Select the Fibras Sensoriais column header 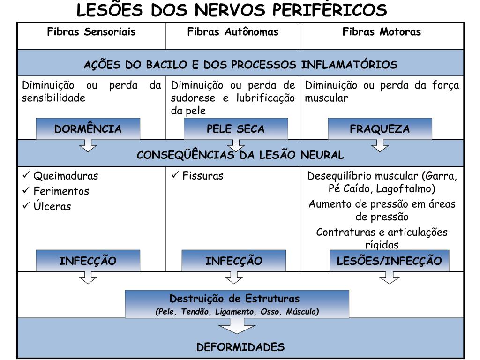coord(91,32)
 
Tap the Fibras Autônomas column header coord(232,32)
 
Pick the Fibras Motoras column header coord(382,32)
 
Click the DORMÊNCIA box coord(88,129)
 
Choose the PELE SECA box coord(236,129)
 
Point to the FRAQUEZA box coord(380,129)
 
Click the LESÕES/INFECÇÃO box coord(389,261)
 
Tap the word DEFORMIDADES coord(240,347)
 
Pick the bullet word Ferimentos coord(61,191)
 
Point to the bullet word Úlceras coord(52,206)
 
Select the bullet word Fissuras coord(203,176)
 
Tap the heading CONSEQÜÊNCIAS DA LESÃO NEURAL coord(240,155)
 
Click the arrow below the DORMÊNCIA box coord(88,146)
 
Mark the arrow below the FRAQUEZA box coord(380,146)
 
